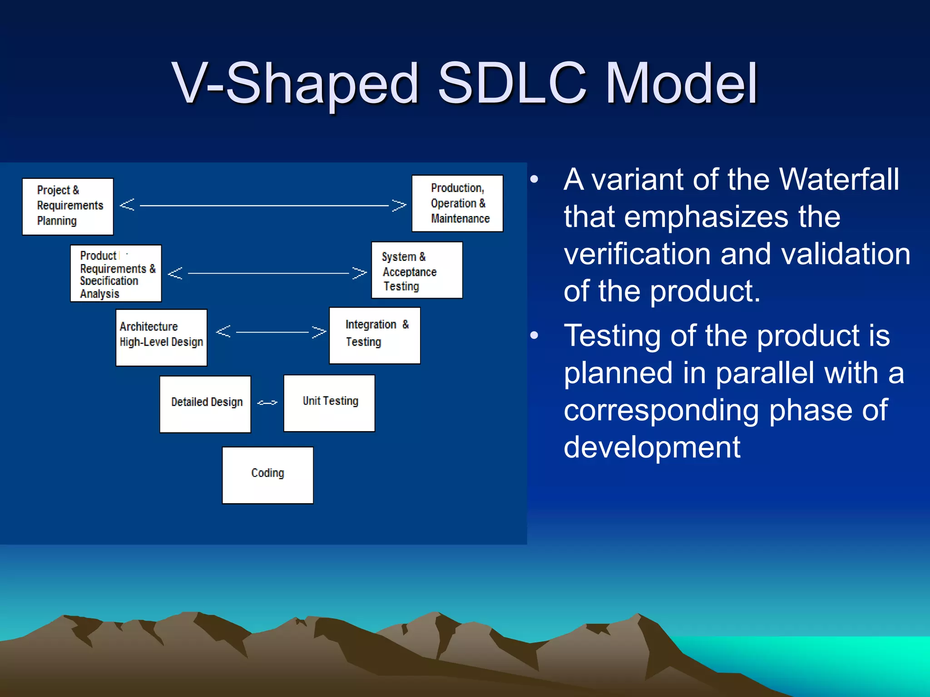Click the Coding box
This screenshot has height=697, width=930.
(267, 475)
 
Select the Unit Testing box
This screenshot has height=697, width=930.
(329, 403)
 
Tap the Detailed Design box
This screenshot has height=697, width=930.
(205, 404)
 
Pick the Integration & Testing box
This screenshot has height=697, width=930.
(375, 335)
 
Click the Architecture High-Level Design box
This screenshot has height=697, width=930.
(161, 337)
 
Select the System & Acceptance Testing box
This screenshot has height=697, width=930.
(417, 270)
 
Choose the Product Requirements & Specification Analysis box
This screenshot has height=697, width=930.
(116, 273)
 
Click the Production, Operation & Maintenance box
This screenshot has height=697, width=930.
(457, 203)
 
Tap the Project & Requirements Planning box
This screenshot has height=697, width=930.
(68, 206)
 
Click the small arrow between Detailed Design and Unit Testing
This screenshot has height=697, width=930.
(267, 402)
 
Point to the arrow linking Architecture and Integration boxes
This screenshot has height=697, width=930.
(271, 332)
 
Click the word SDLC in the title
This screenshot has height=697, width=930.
(512, 83)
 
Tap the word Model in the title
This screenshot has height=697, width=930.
(681, 83)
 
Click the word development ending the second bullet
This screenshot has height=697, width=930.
(652, 447)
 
